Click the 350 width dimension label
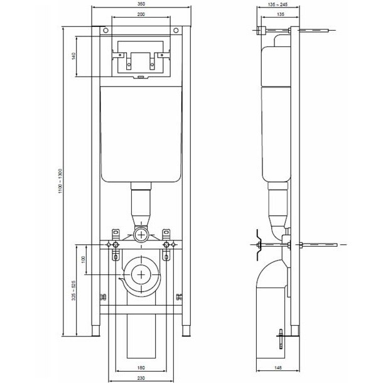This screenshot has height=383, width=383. point(141,4)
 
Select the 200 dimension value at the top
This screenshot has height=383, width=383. point(141,14)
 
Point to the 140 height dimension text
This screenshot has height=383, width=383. point(73,56)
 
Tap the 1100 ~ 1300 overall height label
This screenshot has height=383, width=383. point(60,181)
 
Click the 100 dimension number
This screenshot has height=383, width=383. point(83,259)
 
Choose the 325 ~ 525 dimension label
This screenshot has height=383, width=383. point(73,291)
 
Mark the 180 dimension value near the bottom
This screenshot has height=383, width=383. point(141,367)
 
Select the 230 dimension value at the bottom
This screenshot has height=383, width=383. point(141,378)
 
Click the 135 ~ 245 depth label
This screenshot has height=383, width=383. point(278,4)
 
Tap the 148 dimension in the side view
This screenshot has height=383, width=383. point(278,367)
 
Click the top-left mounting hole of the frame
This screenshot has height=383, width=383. point(105,31)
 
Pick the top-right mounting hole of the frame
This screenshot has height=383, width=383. point(176,31)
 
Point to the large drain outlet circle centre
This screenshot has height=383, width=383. point(141,275)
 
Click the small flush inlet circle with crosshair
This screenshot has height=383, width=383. point(141,235)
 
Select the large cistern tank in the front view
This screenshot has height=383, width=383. point(141,134)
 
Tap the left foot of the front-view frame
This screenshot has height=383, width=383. point(95,330)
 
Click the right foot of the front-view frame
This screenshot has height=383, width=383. point(186,330)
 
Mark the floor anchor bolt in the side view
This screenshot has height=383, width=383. point(281,339)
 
